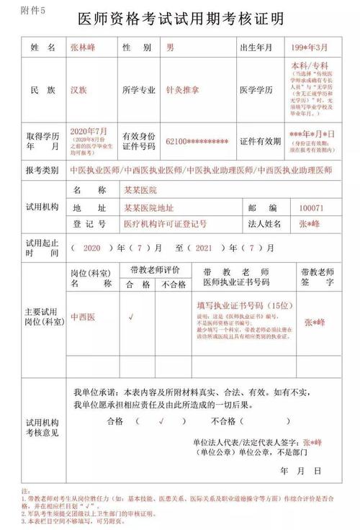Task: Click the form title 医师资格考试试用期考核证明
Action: (x=180, y=17)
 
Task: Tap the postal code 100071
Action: (x=312, y=207)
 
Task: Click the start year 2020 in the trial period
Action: (x=92, y=248)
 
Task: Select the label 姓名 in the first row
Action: (x=42, y=48)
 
